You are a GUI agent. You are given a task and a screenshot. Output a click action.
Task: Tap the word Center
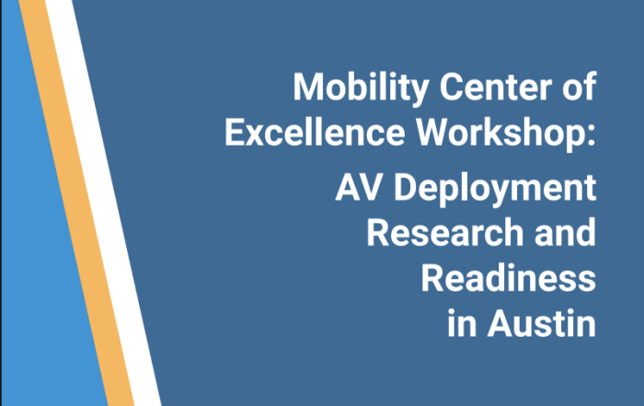[496, 87]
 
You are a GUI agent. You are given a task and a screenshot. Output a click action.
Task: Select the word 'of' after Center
[579, 87]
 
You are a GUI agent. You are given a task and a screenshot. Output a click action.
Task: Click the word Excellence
[315, 132]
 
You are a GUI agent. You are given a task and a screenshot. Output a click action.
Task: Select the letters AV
[360, 188]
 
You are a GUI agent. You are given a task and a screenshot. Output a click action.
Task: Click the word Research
[444, 232]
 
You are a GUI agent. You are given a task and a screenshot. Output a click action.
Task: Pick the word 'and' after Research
[565, 232]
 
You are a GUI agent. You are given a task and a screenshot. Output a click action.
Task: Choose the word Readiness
[509, 278]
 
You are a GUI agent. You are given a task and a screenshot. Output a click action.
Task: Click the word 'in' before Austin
[462, 323]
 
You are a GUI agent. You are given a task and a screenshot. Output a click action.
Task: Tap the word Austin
[542, 323]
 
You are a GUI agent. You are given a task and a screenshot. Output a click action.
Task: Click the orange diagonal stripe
[76, 203]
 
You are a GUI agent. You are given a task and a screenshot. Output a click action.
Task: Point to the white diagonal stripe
[103, 203]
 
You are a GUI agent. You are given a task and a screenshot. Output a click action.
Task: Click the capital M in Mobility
[308, 87]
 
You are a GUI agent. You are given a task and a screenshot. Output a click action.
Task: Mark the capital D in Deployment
[406, 188]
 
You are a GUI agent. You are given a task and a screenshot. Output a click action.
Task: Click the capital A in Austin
[501, 323]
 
